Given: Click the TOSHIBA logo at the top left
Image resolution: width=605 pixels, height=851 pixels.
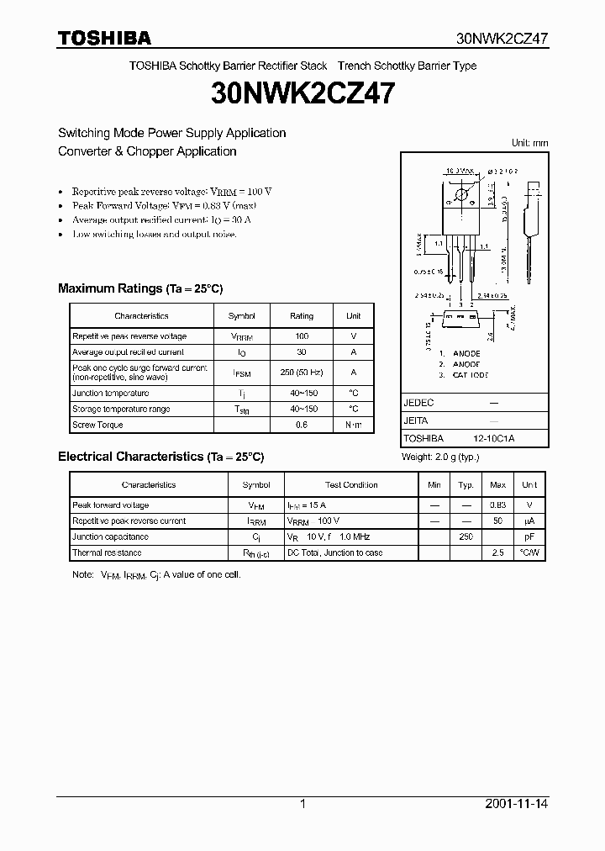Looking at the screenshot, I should pyautogui.click(x=104, y=38).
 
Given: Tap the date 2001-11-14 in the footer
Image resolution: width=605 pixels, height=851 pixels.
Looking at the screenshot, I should pyautogui.click(x=517, y=804).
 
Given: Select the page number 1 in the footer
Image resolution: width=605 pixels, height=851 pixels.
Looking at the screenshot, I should pyautogui.click(x=302, y=804).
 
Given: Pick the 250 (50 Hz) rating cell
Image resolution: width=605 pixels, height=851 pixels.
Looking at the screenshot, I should pyautogui.click(x=302, y=372).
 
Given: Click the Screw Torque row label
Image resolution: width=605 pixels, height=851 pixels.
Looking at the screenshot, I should pyautogui.click(x=97, y=425).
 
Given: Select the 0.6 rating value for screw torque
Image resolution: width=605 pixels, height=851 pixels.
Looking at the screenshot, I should pyautogui.click(x=302, y=425).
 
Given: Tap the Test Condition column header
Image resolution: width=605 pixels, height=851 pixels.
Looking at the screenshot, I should pyautogui.click(x=351, y=485).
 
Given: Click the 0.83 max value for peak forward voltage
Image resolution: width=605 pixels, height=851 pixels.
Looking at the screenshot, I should pyautogui.click(x=497, y=505).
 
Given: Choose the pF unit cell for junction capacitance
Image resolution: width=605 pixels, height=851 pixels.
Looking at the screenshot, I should pyautogui.click(x=529, y=536).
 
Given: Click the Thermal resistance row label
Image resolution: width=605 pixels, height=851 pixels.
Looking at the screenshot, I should pyautogui.click(x=107, y=552).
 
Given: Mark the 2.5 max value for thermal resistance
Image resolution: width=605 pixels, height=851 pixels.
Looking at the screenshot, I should pyautogui.click(x=497, y=552).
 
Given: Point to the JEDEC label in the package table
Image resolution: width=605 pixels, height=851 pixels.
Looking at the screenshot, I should pyautogui.click(x=418, y=403).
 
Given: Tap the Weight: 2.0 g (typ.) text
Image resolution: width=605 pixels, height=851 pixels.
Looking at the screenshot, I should pyautogui.click(x=440, y=457).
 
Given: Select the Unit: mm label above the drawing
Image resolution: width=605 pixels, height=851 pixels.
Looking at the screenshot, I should pyautogui.click(x=529, y=143).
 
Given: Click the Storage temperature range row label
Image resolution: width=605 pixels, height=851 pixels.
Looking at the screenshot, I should pyautogui.click(x=121, y=409).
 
